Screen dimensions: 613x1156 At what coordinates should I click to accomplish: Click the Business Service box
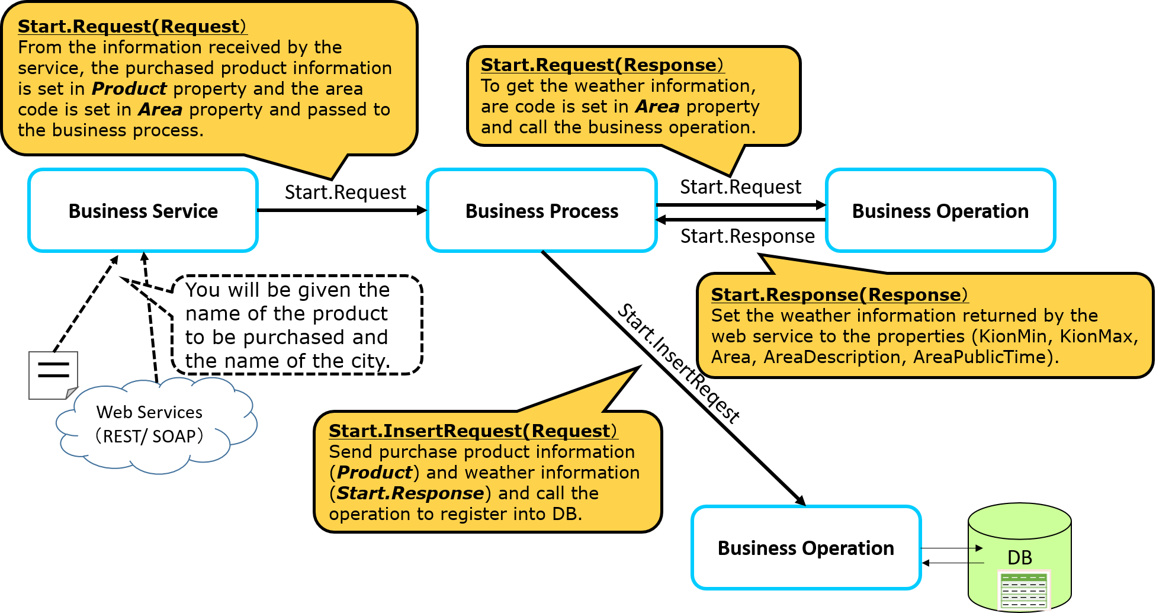coord(143,211)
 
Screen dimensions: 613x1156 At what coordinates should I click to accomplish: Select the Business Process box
coord(542,211)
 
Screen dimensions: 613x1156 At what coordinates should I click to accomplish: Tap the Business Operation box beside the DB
coord(806,548)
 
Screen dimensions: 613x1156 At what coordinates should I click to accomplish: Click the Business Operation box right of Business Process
coord(940,211)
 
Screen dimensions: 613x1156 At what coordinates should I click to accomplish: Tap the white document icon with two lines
coord(53,375)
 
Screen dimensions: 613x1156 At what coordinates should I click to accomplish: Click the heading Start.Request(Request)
coord(132,27)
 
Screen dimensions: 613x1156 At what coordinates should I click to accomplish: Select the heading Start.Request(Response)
coord(602,65)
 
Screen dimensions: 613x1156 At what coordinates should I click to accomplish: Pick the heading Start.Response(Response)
coord(839,294)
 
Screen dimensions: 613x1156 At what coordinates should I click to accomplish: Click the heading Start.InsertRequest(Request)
coord(473,431)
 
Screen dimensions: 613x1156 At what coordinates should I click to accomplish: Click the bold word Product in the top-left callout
coord(129,89)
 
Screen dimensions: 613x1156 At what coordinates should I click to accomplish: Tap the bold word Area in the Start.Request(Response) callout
coord(657,107)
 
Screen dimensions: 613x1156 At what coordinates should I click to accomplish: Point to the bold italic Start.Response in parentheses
coord(410,493)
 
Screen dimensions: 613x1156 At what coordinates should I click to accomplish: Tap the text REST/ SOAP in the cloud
coord(149,437)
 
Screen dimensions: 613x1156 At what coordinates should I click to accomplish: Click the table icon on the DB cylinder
coord(1023,590)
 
